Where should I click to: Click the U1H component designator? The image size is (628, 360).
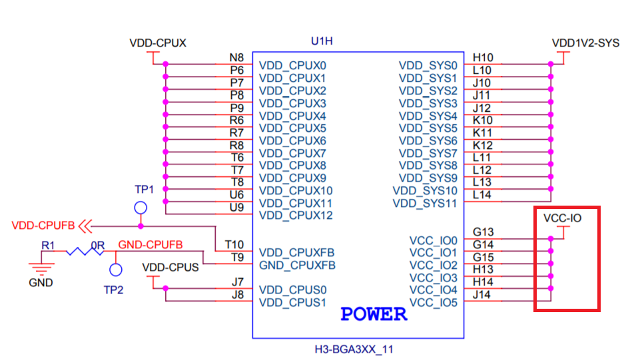[x=322, y=41]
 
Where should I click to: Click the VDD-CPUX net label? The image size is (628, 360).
[x=157, y=43]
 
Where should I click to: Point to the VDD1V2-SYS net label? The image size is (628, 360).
[x=585, y=43]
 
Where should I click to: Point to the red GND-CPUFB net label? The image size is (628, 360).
[x=151, y=245]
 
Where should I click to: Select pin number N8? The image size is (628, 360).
[x=236, y=59]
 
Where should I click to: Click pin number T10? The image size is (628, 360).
[x=234, y=245]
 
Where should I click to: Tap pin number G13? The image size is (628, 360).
[x=483, y=232]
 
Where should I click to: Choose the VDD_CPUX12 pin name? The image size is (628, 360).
[x=296, y=216]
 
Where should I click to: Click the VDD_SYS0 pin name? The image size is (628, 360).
[x=428, y=66]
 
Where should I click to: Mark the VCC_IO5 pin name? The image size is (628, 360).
[x=434, y=302]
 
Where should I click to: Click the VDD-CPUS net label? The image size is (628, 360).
[x=170, y=268]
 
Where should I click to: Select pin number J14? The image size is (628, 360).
[x=482, y=294]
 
